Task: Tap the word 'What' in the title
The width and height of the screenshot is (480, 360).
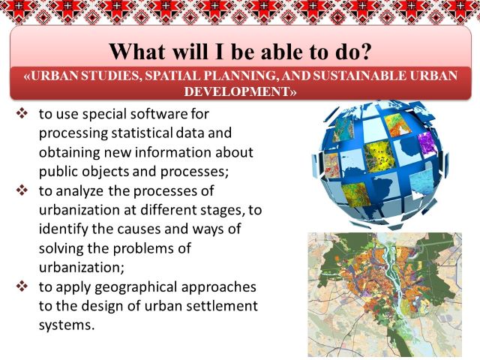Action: [x=137, y=52]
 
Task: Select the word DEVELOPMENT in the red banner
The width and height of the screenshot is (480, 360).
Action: [x=237, y=91]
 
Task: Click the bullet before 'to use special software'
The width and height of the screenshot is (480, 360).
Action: [x=22, y=114]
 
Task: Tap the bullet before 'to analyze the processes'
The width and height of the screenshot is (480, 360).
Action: [x=22, y=190]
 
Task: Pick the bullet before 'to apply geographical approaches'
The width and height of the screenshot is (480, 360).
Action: [x=22, y=286]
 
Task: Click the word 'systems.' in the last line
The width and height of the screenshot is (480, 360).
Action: [x=67, y=325]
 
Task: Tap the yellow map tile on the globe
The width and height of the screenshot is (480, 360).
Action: [x=380, y=156]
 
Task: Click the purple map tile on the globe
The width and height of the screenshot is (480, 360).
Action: [x=427, y=144]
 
